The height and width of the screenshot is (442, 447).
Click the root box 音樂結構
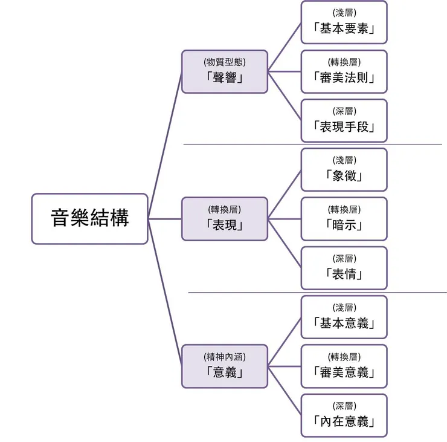coord(89,218)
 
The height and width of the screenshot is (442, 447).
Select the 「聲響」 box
coord(224,71)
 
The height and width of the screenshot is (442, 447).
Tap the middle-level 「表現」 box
coord(224,218)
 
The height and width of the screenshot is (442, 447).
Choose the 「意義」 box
coord(224,366)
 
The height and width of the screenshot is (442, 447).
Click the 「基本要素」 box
coord(344,22)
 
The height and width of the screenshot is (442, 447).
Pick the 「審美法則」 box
coord(344,71)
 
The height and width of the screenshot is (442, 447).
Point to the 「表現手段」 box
coord(344,120)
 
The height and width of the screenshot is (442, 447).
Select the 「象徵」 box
coord(344,169)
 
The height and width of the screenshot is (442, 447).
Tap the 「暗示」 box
coord(344,218)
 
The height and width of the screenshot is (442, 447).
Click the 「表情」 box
coord(344,268)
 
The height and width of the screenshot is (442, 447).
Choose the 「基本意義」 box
coord(344,317)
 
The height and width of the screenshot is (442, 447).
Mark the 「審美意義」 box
coord(344,366)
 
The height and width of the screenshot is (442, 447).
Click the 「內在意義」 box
coord(344,415)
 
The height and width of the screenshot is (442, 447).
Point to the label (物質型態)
coord(225,62)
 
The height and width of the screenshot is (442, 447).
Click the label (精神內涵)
coord(225,356)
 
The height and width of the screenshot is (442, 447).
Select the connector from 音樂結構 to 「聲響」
coord(165,145)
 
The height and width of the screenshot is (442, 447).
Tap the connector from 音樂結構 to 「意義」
coord(165,292)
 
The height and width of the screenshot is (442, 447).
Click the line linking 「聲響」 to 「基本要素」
coord(285,47)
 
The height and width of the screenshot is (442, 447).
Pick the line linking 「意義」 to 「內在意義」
coord(285,391)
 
